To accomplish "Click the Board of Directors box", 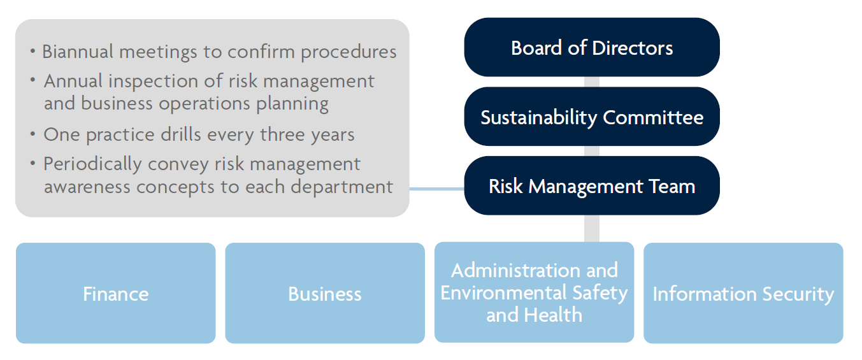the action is point(592,47).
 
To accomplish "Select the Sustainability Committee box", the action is point(592,116).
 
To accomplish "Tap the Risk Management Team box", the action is point(592,185).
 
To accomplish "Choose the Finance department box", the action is point(116,293).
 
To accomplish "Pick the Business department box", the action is point(325,293).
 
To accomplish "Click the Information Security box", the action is point(743,293).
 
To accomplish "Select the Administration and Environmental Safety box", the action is point(534,292).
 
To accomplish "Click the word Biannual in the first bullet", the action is point(78,51).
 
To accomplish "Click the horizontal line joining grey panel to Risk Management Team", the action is point(437,189).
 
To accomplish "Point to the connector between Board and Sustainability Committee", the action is point(592,82).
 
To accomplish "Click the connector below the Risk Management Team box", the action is point(592,228).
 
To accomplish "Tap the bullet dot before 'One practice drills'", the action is point(32,134).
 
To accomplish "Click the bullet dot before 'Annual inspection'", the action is point(32,80).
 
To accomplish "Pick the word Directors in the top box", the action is point(633,48).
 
